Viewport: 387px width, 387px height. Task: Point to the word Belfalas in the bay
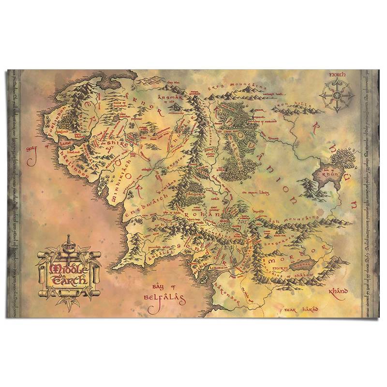[165, 299]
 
